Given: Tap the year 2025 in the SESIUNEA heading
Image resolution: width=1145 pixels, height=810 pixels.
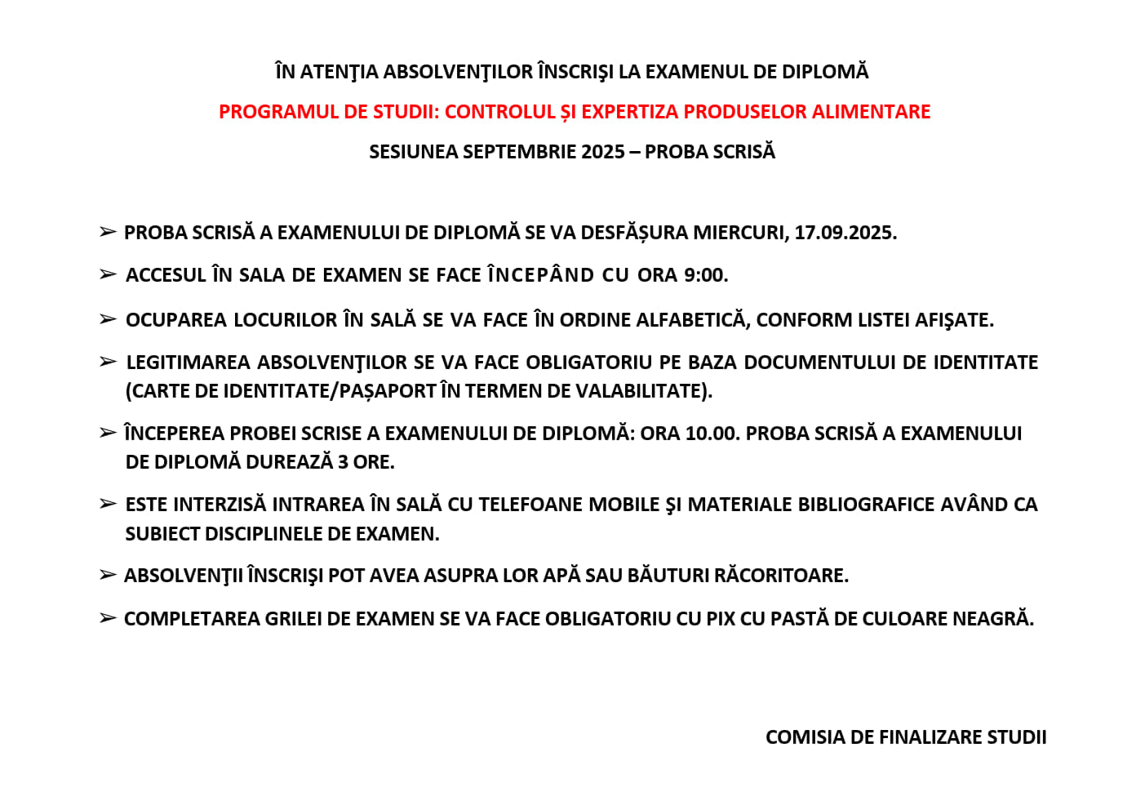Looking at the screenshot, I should [603, 152].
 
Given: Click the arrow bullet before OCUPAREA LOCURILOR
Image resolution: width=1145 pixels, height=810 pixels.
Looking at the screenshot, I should [108, 319].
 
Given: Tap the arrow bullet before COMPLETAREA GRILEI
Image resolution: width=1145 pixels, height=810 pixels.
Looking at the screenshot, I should [108, 618].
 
